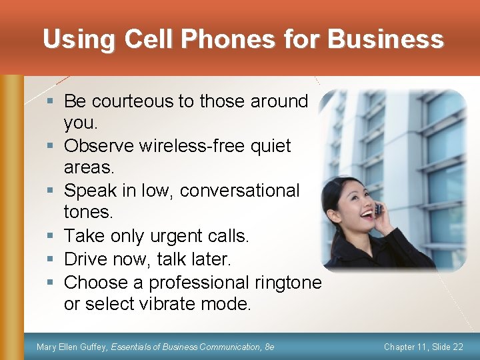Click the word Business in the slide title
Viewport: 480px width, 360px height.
386,39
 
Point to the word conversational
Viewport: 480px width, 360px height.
239,191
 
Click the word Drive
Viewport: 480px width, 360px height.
87,259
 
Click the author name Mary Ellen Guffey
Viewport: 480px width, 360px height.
71,347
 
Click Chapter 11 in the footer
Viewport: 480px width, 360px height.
406,347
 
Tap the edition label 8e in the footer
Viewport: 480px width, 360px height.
269,347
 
